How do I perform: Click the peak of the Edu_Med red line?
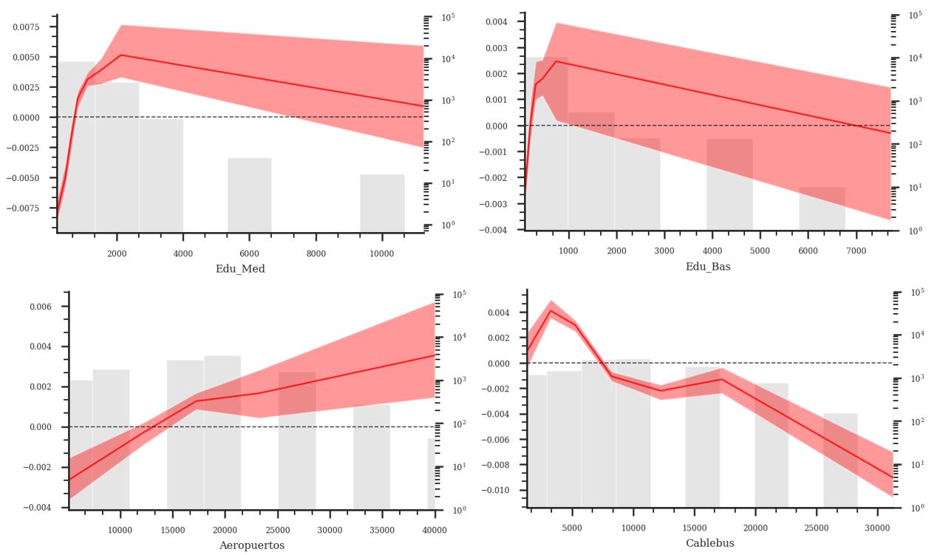(120, 55)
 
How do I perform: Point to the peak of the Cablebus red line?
(551, 311)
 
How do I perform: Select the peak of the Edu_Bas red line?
(556, 61)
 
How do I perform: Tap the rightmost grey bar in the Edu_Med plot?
(382, 202)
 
